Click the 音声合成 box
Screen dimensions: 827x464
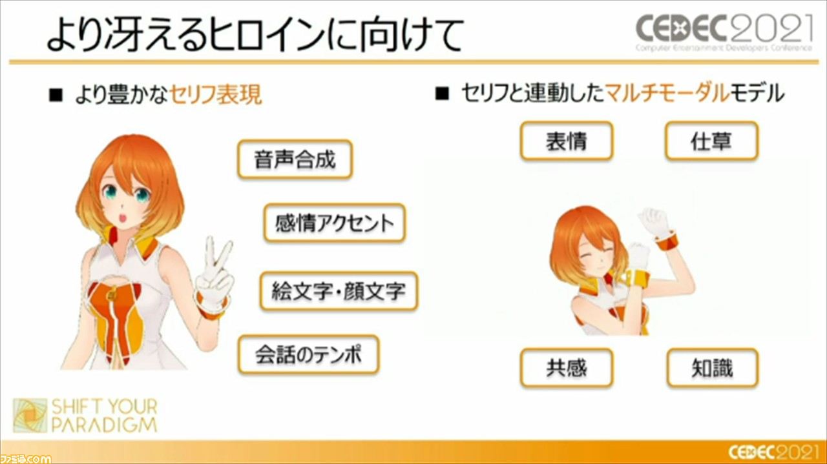pos(295,159)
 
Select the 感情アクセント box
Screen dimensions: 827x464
pos(335,223)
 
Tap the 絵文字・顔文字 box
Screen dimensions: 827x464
pos(339,290)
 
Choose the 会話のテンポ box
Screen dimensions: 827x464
pos(309,354)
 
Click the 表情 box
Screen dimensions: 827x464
pos(567,141)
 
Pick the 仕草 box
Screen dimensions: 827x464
pos(712,141)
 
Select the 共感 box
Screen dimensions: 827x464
pos(567,368)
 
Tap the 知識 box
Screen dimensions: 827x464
pos(713,368)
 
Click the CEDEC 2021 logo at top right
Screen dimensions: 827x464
pos(724,32)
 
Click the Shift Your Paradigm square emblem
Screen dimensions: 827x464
pos(30,416)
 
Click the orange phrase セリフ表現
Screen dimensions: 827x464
pos(216,94)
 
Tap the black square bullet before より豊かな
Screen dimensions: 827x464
pos(56,95)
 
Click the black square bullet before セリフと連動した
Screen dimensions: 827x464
pos(443,94)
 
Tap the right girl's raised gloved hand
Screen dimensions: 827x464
pos(654,222)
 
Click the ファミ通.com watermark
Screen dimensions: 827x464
pos(25,458)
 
